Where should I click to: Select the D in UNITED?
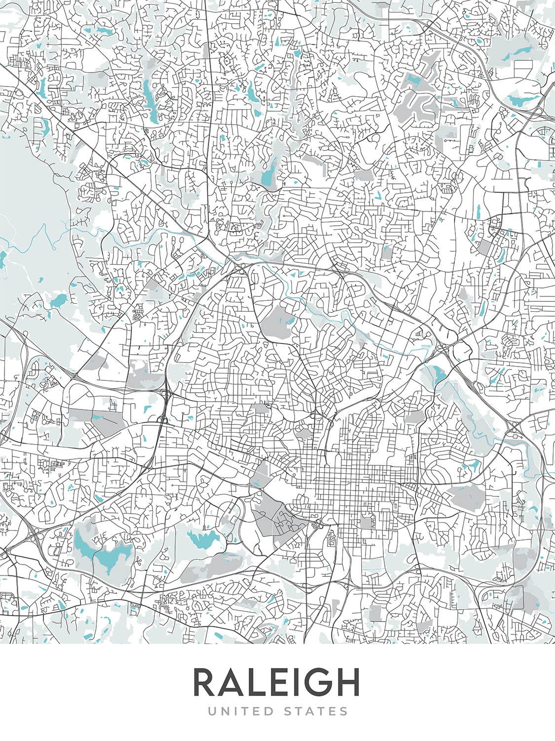269,711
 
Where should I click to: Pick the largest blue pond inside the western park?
58,300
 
